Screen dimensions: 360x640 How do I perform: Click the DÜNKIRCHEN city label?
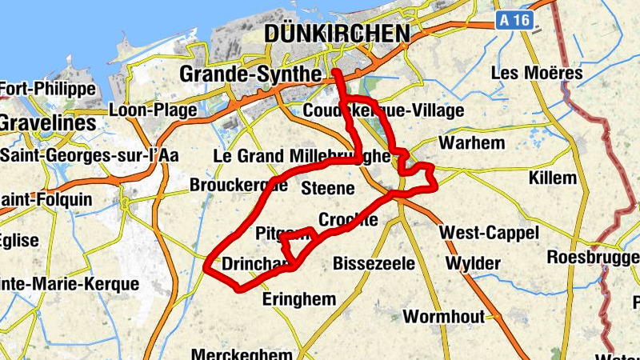coord(336,34)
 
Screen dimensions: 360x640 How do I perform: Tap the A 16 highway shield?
coord(514,21)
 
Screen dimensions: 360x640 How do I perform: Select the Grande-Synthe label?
coord(250,74)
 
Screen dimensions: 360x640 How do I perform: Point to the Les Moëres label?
coord(537,73)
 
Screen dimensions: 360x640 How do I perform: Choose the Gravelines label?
coord(47,124)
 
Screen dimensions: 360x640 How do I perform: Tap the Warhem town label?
coord(473,143)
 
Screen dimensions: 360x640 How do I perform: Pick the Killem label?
coord(552,178)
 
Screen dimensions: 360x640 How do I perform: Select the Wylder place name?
coord(473,263)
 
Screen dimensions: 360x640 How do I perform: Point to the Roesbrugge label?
coord(592,257)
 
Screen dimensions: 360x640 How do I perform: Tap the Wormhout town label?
coord(443,317)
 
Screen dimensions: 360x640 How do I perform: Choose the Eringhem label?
coord(299,299)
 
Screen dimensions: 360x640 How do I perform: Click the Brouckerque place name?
coord(238,186)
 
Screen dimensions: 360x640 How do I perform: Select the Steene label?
coord(327,189)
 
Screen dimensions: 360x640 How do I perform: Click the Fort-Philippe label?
coord(48,89)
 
